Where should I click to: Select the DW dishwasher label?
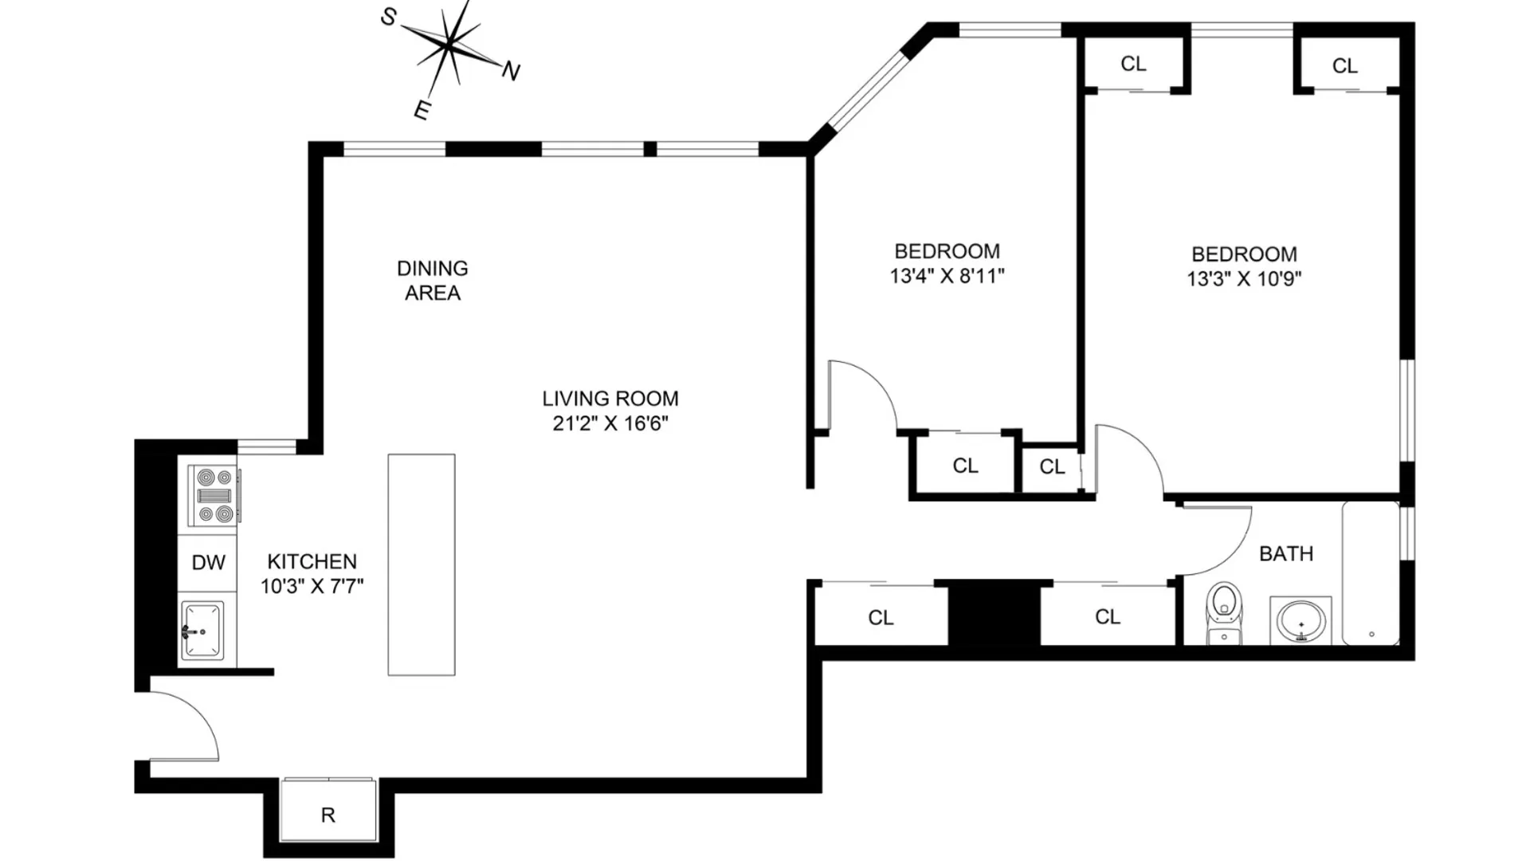[209, 563]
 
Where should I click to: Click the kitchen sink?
[202, 631]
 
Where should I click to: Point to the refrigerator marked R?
[328, 809]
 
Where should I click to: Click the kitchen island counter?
[422, 565]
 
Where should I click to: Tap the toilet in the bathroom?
[1224, 613]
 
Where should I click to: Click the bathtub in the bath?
[1371, 572]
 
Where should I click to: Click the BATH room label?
[1286, 553]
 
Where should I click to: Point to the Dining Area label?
[433, 281]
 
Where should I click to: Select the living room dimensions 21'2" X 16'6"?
[610, 423]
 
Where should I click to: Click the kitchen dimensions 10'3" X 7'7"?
[312, 587]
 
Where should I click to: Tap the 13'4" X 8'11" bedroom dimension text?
[947, 277]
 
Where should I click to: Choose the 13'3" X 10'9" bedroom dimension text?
[1244, 279]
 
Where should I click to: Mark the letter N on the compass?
[511, 72]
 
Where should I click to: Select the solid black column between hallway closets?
[994, 612]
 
